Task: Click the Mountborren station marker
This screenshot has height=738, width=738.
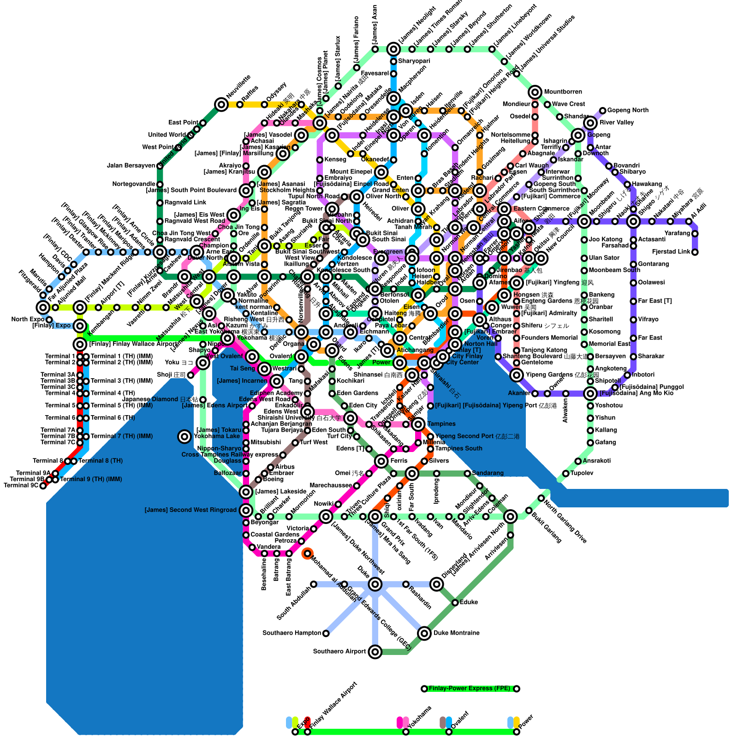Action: [535, 92]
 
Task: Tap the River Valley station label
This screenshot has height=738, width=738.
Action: [617, 123]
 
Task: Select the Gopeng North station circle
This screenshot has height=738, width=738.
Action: [602, 111]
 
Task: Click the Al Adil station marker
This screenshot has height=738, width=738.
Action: [689, 221]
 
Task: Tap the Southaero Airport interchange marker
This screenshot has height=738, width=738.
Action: [375, 652]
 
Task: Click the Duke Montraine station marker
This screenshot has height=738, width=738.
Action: [424, 633]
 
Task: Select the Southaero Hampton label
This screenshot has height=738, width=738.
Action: [292, 633]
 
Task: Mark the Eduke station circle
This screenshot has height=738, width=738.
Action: [455, 602]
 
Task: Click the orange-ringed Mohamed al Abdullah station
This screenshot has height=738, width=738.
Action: [307, 553]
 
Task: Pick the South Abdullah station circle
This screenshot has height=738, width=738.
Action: [314, 584]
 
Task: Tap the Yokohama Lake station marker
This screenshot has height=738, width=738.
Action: [184, 436]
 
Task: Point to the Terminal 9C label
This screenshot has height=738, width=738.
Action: [21, 486]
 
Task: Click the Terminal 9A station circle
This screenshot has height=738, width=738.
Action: [55, 473]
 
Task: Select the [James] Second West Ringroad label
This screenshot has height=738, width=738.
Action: [190, 510]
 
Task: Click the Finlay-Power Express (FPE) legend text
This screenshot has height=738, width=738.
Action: [470, 689]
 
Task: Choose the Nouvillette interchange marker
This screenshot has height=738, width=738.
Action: [221, 105]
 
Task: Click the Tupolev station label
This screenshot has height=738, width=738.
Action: [582, 473]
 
